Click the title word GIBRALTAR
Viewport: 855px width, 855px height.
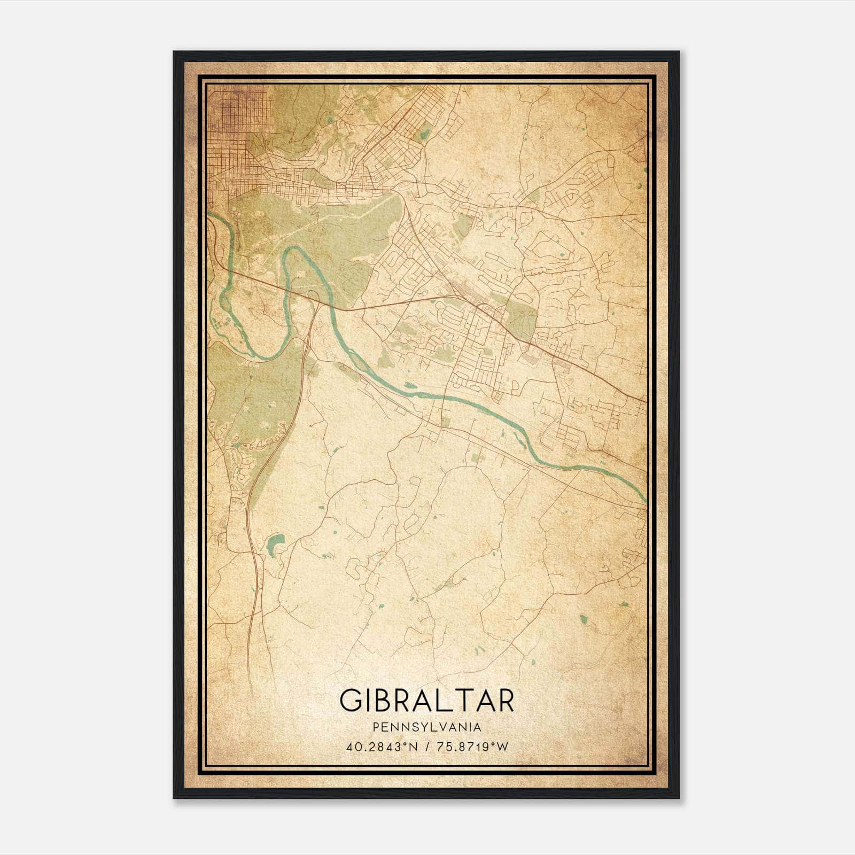tap(426, 700)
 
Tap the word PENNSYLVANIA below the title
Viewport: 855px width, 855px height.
tap(426, 727)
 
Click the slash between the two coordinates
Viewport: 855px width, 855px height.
tap(428, 747)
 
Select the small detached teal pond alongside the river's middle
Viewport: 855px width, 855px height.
tap(410, 384)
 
